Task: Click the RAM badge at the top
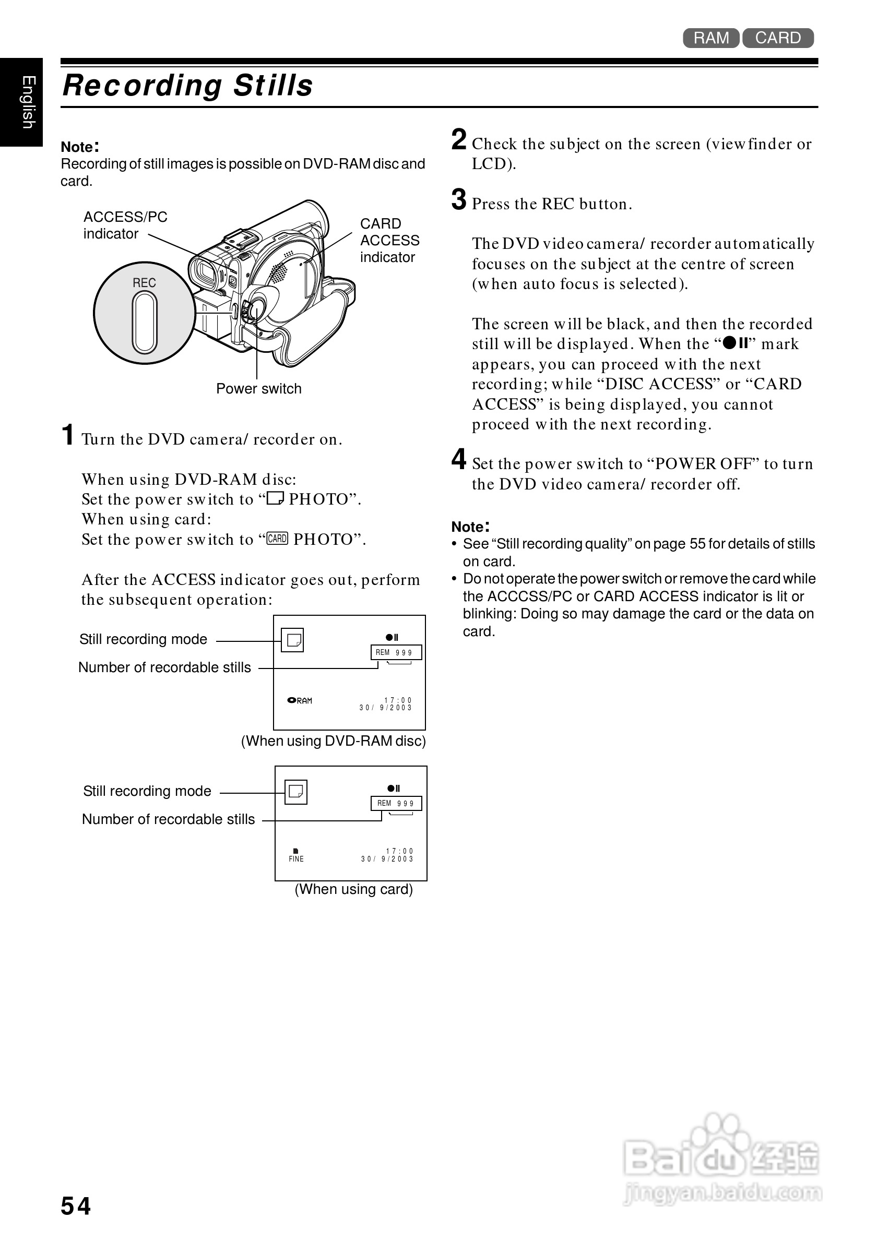tap(710, 38)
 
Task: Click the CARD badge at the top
tap(777, 38)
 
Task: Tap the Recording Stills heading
tap(188, 86)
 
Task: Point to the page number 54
tap(76, 1206)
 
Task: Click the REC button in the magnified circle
tap(145, 322)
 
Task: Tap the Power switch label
tap(258, 388)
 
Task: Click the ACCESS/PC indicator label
tap(125, 225)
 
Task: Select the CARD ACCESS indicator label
tap(389, 240)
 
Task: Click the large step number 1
tap(68, 435)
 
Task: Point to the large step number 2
tap(459, 139)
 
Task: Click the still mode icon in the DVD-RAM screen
tap(293, 640)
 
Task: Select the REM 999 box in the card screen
tap(396, 803)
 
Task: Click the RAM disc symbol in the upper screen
tap(300, 700)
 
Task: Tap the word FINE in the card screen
tap(296, 858)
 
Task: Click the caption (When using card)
tap(353, 889)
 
